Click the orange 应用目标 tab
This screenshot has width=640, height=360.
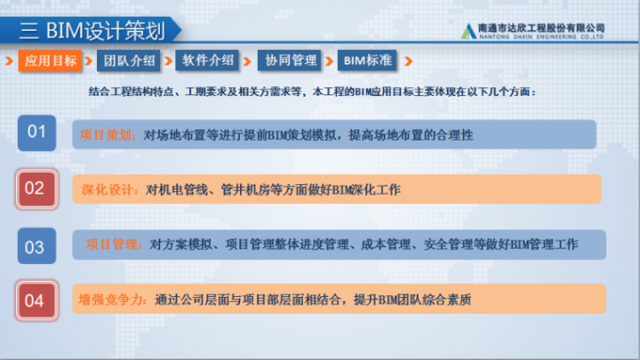50,60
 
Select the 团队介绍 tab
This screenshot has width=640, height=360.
129,60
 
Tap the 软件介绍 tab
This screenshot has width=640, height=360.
207,60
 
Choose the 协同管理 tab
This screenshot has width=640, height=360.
290,60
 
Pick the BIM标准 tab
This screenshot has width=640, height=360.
367,60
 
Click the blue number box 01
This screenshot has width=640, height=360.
36,132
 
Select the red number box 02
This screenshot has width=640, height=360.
36,189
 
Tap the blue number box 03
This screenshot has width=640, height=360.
36,245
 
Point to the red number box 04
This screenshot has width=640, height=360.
36,300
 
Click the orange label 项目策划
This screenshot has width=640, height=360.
108,135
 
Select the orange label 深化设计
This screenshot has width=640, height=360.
109,190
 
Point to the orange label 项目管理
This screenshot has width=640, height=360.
114,244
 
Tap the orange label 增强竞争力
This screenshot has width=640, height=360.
113,300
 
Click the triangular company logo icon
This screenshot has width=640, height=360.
468,32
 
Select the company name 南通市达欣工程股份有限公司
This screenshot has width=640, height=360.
541,28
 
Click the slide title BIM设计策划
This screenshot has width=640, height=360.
106,31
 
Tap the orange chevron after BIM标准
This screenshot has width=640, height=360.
408,61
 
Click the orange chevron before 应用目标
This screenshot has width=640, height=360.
9,61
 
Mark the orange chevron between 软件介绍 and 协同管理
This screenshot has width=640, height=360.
247,61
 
